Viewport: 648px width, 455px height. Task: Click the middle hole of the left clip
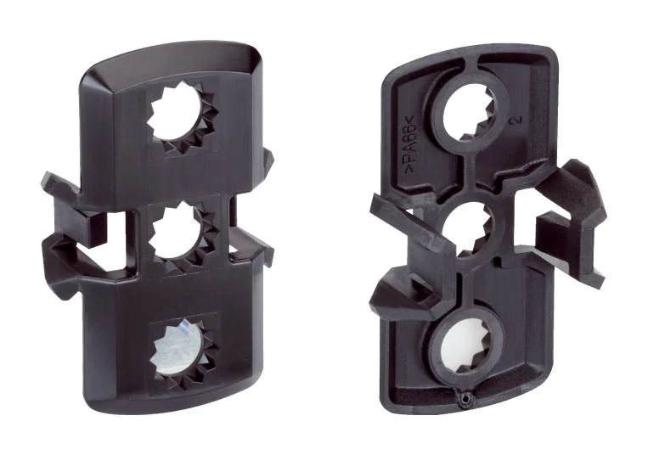click(x=175, y=234)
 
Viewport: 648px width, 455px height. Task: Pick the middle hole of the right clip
click(x=469, y=227)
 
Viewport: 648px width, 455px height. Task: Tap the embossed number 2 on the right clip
click(x=516, y=120)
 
